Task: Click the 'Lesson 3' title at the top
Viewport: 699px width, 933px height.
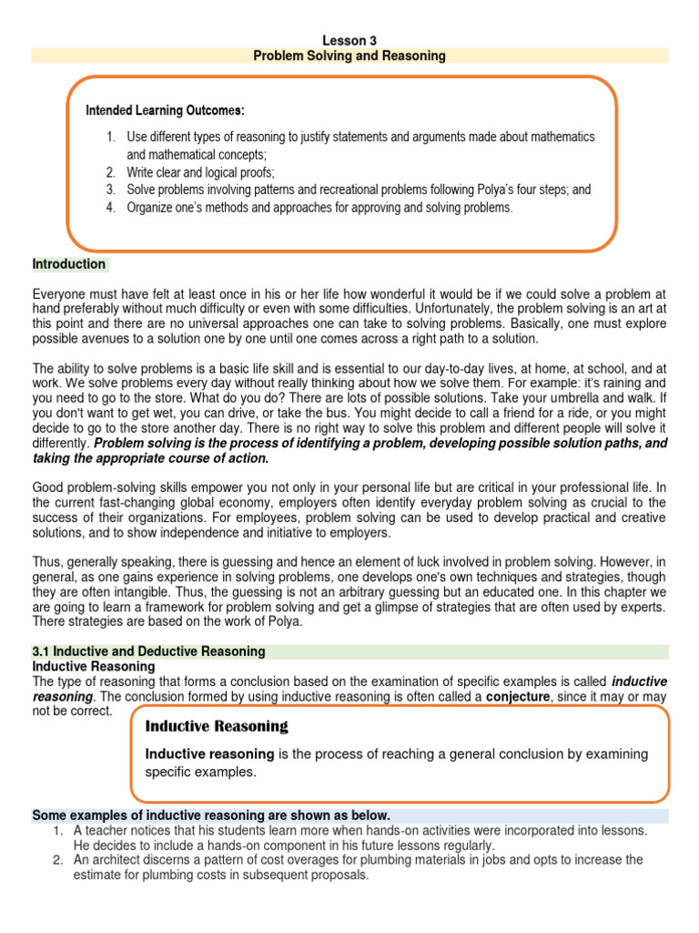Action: [349, 40]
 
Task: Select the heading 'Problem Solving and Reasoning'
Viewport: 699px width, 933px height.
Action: [349, 56]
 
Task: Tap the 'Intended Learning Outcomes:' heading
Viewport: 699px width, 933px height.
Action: [165, 110]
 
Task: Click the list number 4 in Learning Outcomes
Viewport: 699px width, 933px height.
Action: [110, 208]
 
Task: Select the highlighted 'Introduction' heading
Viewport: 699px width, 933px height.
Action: [69, 264]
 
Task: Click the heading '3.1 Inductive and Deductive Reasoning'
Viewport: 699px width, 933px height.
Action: [149, 651]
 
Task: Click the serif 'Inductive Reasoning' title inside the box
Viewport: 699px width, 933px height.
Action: [217, 726]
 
